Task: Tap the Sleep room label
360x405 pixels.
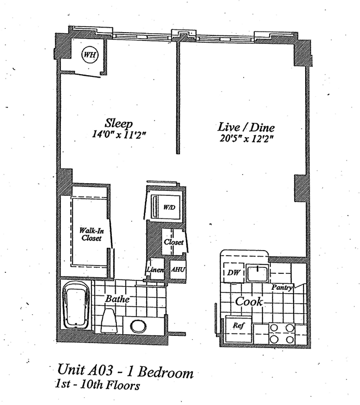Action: click(119, 123)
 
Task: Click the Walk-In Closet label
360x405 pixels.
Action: click(90, 233)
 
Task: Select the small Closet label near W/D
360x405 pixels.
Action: click(173, 242)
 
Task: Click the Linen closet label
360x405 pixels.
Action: click(155, 269)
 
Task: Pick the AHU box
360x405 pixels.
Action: click(178, 269)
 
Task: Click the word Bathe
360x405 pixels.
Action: click(118, 299)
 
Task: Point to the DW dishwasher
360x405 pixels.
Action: click(233, 272)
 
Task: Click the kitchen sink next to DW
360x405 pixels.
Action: click(257, 273)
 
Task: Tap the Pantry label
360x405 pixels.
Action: click(282, 288)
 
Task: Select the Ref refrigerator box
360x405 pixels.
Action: click(238, 326)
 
